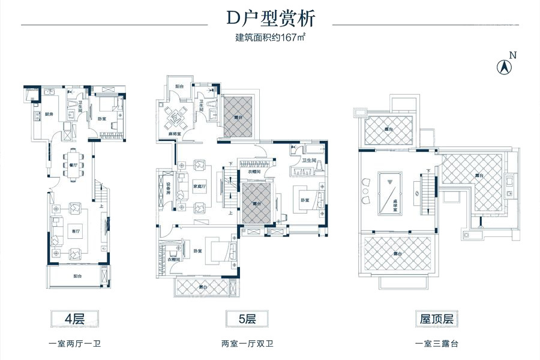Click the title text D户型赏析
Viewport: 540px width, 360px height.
(269, 19)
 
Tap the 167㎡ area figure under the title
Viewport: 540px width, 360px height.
(285, 38)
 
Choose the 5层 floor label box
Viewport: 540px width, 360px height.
(247, 318)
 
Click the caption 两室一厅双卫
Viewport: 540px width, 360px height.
(247, 344)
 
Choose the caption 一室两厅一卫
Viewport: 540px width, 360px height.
(76, 344)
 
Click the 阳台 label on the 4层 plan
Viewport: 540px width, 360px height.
(78, 277)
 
